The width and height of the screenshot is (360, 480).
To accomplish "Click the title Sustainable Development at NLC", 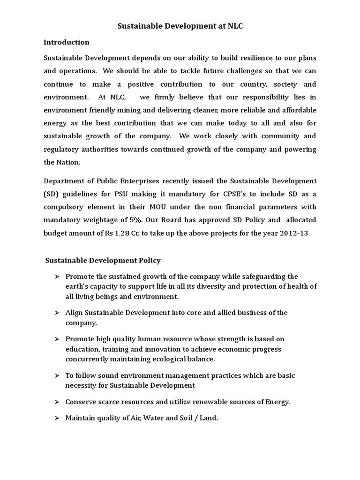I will coord(180,27).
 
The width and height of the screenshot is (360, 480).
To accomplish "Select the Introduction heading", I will coord(67,42).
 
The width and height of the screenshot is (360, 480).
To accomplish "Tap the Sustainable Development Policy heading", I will coord(103,260).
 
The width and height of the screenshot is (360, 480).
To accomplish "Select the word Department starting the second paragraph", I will coord(63,181).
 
